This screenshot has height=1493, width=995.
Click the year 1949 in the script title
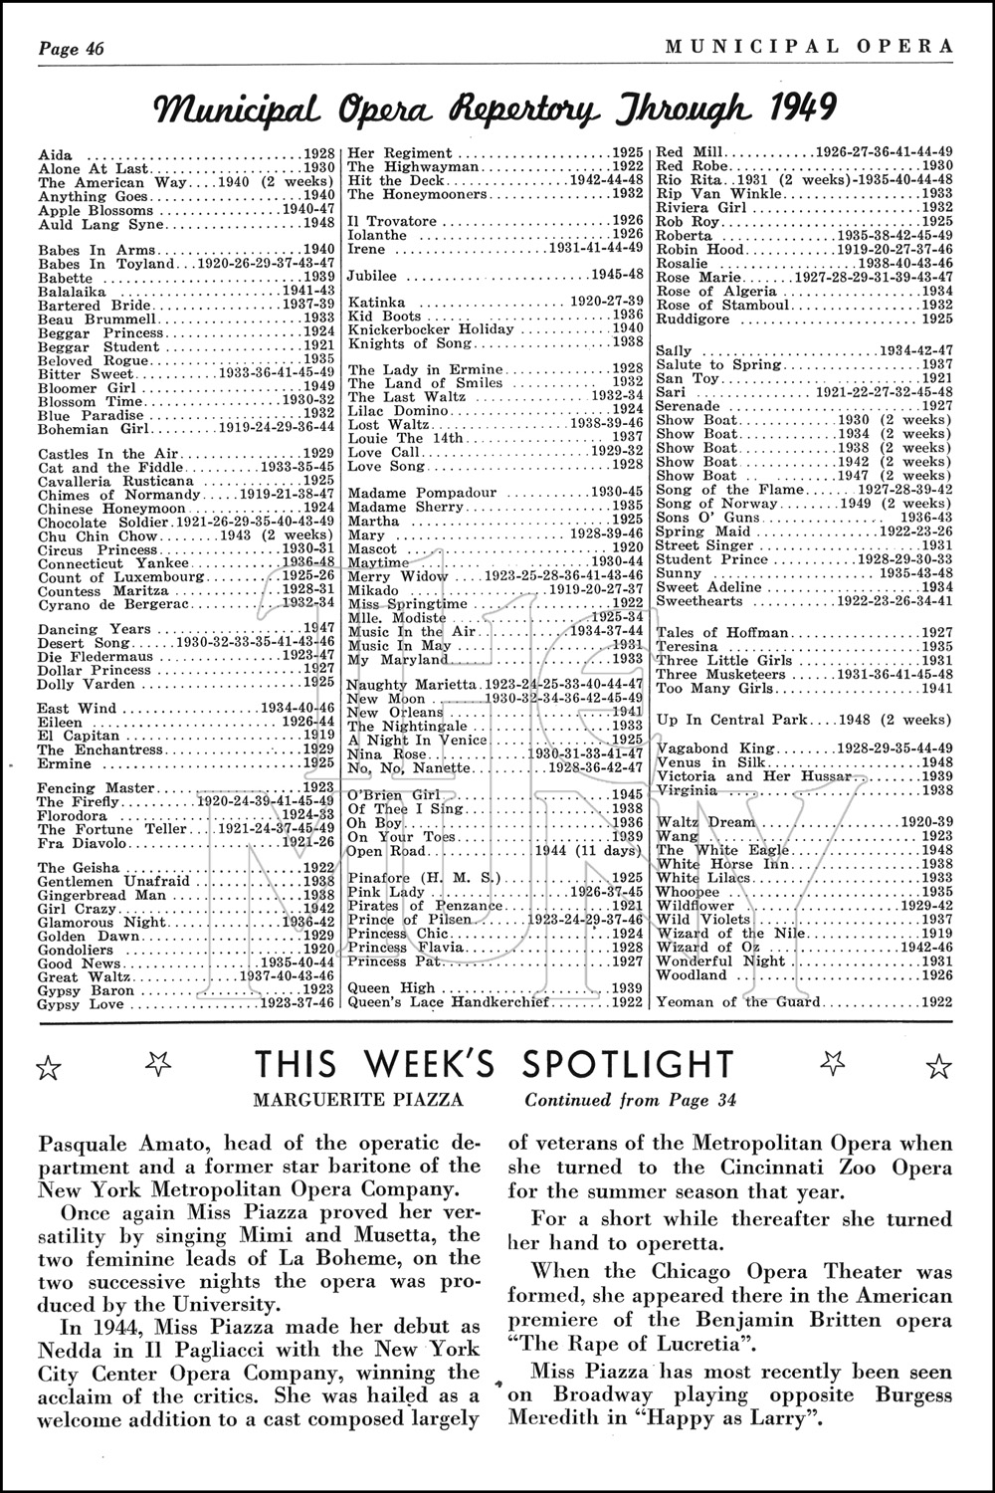point(796,106)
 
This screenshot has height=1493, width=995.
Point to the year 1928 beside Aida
point(319,154)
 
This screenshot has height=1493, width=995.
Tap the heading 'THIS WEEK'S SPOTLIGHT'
point(494,1065)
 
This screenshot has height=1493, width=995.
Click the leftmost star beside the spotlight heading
point(48,1068)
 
